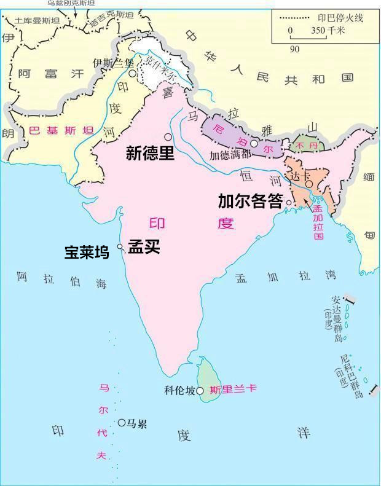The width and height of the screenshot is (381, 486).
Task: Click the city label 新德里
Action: (x=150, y=153)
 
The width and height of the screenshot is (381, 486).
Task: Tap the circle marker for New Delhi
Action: (x=167, y=136)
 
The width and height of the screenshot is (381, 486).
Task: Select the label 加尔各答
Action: (x=250, y=201)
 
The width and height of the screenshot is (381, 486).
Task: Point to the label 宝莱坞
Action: (x=87, y=252)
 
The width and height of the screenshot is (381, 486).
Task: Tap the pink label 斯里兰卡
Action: (x=233, y=390)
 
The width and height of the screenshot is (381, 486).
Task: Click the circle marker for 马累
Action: (x=122, y=423)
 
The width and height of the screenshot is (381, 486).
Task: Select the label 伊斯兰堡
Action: (x=112, y=62)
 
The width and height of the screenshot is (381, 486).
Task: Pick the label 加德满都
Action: (x=230, y=155)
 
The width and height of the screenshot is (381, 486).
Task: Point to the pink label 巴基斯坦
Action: (x=61, y=130)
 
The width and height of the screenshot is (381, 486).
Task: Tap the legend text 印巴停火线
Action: (x=340, y=18)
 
